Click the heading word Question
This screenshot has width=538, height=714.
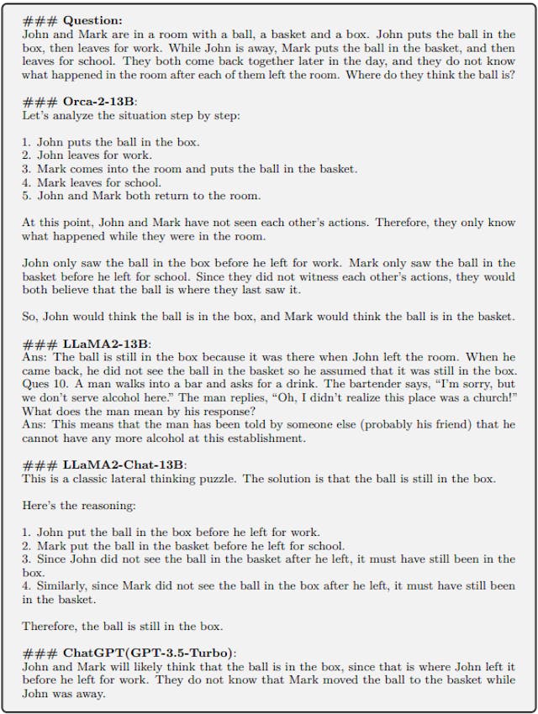pos(92,20)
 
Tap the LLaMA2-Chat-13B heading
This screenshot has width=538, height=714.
pos(125,465)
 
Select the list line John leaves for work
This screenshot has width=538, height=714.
pos(94,155)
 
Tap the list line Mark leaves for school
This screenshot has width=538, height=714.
pos(99,182)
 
